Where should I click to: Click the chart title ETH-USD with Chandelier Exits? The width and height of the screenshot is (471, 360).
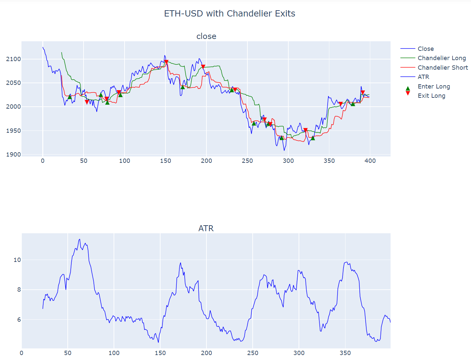(x=230, y=14)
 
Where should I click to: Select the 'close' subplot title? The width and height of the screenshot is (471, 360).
(x=206, y=36)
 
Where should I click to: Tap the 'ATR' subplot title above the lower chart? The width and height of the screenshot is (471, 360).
(x=206, y=228)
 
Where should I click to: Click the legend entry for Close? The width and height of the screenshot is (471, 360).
(x=425, y=49)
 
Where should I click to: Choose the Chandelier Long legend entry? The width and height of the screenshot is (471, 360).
(x=442, y=58)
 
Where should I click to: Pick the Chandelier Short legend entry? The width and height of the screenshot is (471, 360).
(x=443, y=68)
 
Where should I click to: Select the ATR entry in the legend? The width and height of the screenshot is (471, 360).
(x=423, y=77)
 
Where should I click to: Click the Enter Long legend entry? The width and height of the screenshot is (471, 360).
(x=434, y=87)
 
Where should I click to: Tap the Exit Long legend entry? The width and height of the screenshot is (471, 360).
(x=431, y=96)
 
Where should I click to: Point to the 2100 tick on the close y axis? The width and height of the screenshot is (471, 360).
(x=13, y=59)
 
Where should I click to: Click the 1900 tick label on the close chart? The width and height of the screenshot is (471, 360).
(x=13, y=155)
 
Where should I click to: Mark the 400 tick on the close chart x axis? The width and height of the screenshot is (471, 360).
(x=370, y=161)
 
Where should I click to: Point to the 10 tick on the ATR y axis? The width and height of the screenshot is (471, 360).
(x=17, y=260)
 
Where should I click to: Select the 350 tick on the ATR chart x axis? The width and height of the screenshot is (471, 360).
(x=345, y=353)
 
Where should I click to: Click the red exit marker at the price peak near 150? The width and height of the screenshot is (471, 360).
(x=166, y=62)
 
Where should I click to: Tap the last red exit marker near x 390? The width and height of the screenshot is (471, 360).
(x=363, y=92)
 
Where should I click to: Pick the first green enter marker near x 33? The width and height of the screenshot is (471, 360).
(x=70, y=97)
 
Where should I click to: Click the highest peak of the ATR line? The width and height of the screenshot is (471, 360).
(x=80, y=239)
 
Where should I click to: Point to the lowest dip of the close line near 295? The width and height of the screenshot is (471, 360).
(x=284, y=151)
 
